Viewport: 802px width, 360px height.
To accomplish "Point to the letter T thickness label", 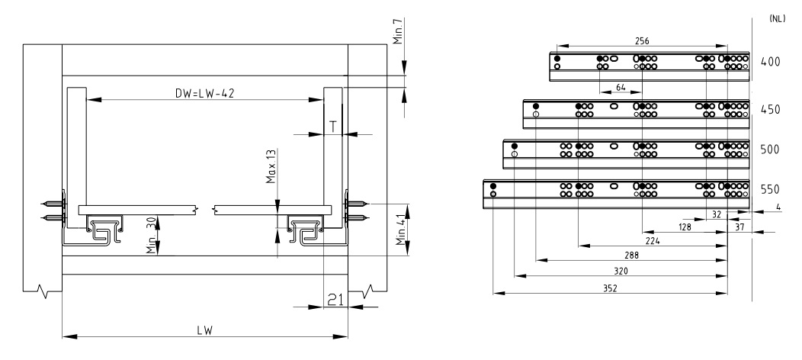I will pyautogui.click(x=333, y=125).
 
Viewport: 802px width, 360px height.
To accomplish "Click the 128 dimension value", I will pyautogui.click(x=685, y=227).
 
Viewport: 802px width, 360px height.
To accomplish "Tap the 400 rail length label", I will pyautogui.click(x=770, y=62).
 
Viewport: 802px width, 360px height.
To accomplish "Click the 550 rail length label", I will pyautogui.click(x=770, y=190).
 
